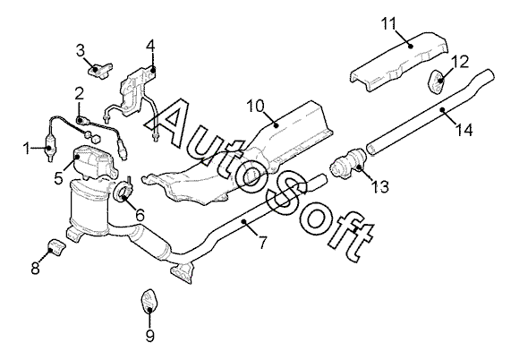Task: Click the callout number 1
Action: [27, 149]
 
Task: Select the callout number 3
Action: [81, 51]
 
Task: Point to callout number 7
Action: [262, 243]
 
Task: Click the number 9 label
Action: [150, 336]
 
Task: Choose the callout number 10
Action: [256, 107]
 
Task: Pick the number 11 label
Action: [388, 24]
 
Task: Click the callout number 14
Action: [464, 130]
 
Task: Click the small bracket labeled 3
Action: [100, 71]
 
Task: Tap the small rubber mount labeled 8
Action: [57, 247]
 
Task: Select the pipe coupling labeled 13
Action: [349, 161]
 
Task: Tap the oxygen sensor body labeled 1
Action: [50, 148]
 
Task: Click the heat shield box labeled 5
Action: [95, 162]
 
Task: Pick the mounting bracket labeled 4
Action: [136, 90]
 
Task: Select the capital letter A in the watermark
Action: [172, 123]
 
